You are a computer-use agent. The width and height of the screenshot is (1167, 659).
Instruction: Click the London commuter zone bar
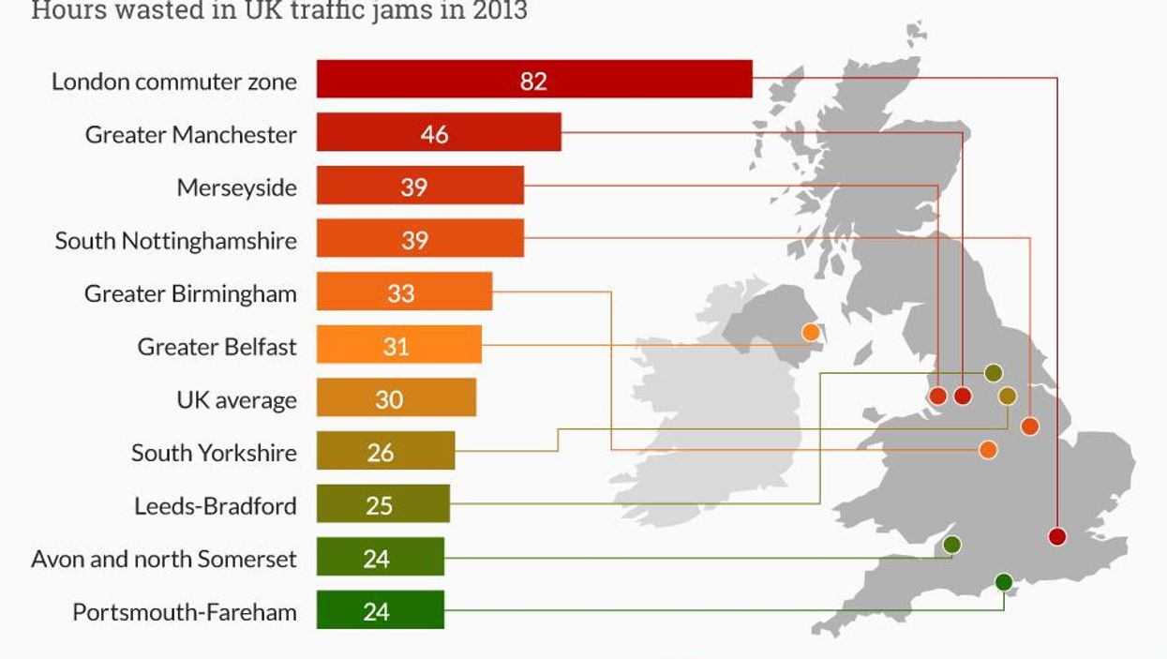pos(534,79)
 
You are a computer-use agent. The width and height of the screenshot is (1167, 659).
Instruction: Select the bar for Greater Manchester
pos(439,132)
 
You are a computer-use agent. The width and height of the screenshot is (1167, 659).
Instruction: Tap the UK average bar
pos(396,397)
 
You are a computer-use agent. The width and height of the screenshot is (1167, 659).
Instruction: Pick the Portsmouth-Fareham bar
pos(380,609)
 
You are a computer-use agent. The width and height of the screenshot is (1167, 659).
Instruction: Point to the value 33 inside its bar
pos(400,293)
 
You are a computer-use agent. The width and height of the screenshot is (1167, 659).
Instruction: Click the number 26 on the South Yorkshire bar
pos(381,453)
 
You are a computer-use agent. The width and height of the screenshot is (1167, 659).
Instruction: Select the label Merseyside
pos(236,187)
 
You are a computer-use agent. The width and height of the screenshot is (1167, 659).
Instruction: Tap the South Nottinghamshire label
pos(175,241)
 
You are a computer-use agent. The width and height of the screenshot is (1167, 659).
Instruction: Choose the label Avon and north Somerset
pos(164,560)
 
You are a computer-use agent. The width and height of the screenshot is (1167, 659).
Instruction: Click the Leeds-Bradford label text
pos(215,506)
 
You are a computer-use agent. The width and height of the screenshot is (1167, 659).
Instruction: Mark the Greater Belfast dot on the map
pos(811,332)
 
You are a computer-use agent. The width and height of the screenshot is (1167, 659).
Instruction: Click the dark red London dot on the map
pos(1057,536)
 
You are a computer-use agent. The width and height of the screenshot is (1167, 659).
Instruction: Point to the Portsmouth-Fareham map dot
pos(1004,582)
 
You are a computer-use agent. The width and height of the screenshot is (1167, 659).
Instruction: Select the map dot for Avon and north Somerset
pos(952,544)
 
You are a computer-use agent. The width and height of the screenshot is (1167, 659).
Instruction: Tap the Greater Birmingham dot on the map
pos(987,450)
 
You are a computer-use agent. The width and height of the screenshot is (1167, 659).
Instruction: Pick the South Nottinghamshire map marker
pos(1030,427)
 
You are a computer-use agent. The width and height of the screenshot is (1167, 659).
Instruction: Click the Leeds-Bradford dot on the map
pos(994,373)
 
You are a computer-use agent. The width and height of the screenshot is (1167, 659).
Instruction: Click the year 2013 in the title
pos(499,11)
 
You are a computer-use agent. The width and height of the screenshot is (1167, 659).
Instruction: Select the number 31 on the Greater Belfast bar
pos(396,347)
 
